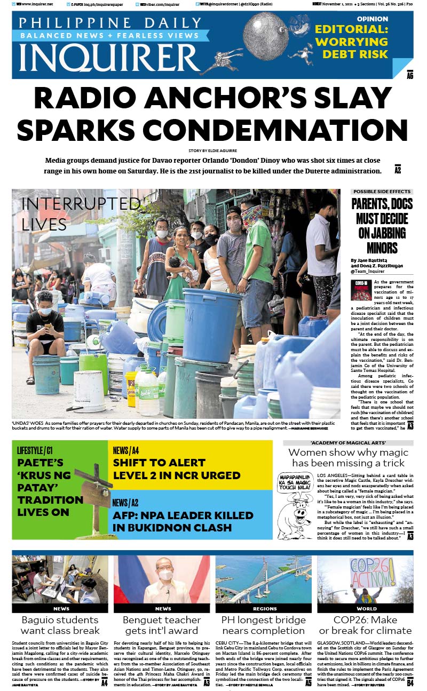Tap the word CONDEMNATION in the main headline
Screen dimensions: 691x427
tap(213, 130)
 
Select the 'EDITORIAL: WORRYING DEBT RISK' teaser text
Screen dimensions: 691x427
tap(351, 42)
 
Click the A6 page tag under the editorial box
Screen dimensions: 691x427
tap(410, 75)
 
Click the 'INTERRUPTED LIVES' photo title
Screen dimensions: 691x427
tap(80, 213)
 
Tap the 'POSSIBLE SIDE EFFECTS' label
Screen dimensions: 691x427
tap(382, 192)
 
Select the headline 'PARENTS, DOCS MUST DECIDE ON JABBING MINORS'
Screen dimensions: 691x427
tap(382, 226)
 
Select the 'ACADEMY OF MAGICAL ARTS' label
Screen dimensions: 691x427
tap(348, 443)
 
